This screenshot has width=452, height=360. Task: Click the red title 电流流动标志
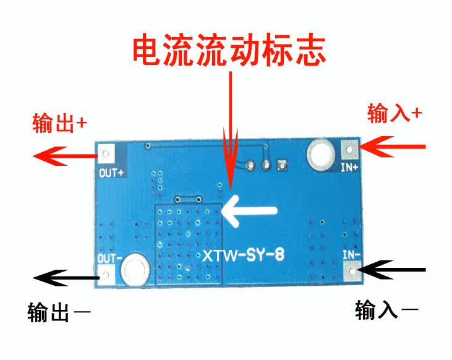pyautogui.click(x=229, y=50)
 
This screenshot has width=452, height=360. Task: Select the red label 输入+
pyautogui.click(x=395, y=113)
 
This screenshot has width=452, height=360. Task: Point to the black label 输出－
pyautogui.click(x=59, y=312)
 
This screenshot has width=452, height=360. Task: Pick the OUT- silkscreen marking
pyautogui.click(x=110, y=257)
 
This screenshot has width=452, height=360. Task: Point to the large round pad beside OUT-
pyautogui.click(x=134, y=270)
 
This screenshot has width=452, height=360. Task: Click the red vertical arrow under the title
pyautogui.click(x=231, y=136)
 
